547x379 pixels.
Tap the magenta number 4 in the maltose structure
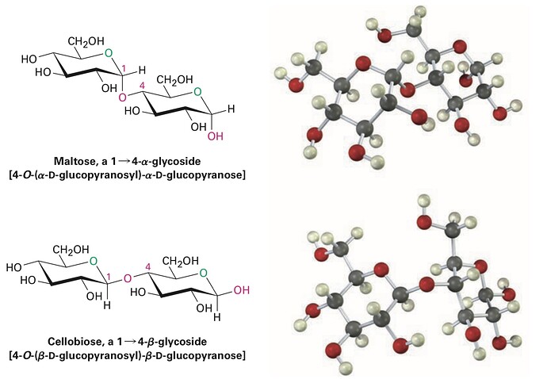click(x=143, y=86)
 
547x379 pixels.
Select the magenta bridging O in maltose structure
click(x=122, y=97)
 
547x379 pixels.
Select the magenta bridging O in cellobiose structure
click(x=128, y=278)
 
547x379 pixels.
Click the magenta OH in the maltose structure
click(x=216, y=136)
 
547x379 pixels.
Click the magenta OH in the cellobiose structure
click(x=242, y=290)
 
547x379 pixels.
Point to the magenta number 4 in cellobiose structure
click(x=148, y=267)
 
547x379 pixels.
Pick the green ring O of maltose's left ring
click(x=109, y=53)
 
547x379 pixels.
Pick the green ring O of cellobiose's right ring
click(x=204, y=273)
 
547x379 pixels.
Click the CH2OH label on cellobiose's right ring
click(x=181, y=261)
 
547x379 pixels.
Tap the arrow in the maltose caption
click(x=124, y=162)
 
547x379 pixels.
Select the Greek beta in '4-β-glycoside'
click(x=151, y=342)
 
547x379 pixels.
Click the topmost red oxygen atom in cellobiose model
click(x=424, y=222)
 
